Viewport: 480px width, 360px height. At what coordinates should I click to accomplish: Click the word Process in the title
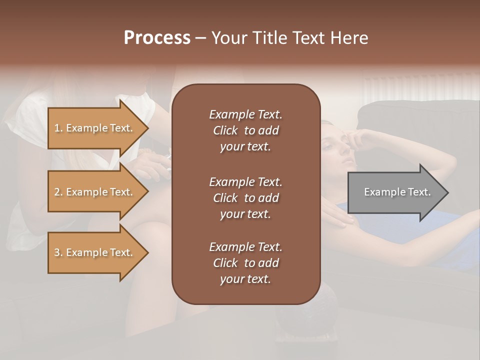pyautogui.click(x=157, y=38)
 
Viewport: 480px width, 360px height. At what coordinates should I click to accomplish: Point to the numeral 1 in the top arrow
pyautogui.click(x=56, y=128)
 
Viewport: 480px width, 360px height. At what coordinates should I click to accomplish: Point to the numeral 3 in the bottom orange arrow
pyautogui.click(x=56, y=252)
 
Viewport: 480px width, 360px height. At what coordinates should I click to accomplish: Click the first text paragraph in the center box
pyautogui.click(x=245, y=130)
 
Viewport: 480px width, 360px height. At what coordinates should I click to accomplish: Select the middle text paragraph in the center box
pyautogui.click(x=245, y=197)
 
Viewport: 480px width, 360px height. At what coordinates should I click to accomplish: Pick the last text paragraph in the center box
pyautogui.click(x=245, y=263)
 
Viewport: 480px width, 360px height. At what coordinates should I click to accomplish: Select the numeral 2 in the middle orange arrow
pyautogui.click(x=56, y=192)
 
